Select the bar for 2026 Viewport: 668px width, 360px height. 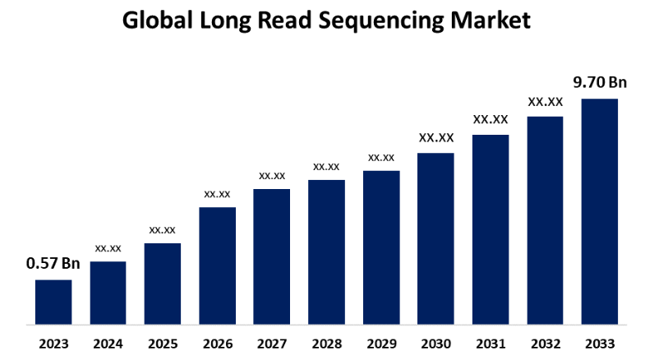point(217,265)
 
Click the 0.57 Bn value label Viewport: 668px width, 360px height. point(53,264)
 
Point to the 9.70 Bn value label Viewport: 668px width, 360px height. point(600,82)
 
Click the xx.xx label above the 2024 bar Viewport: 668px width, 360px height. point(108,247)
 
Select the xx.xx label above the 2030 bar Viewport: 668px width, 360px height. point(435,137)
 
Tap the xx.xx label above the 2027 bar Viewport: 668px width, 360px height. point(272,175)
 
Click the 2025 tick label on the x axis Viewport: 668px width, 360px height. point(163,343)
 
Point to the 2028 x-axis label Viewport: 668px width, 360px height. point(326,343)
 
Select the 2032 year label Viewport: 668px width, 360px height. point(545,343)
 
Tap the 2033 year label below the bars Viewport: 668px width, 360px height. point(600,343)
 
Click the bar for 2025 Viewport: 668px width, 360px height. point(163,283)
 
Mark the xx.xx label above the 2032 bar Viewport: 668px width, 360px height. point(545,102)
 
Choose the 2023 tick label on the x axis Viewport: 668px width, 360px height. point(53,343)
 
